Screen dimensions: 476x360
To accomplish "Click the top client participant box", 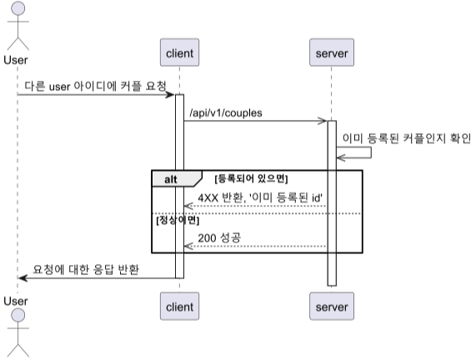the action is [180, 52].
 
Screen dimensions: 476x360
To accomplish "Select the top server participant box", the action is [332, 52].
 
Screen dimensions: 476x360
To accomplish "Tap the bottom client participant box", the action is [180, 306].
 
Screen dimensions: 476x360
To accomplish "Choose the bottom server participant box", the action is [332, 306].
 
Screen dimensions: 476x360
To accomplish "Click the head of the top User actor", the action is [18, 8].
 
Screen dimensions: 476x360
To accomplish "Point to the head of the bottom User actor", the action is [18, 315].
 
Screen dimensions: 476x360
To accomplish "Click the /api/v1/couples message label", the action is [226, 113].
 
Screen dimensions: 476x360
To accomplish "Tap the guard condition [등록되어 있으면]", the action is [251, 178].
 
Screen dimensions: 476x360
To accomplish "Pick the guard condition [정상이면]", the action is [178, 220].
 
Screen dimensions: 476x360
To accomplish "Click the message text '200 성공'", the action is [219, 237].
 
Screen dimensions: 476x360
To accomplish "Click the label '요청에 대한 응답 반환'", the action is [86, 269].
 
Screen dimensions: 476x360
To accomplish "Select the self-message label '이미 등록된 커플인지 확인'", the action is [407, 138].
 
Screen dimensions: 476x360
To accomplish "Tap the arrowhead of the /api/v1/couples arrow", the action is [323, 121].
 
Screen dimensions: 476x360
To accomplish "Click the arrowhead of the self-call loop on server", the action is [341, 157].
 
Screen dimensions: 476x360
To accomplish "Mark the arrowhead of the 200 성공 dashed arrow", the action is [188, 246].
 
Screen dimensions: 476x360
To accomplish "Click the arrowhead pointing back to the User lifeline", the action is [23, 277].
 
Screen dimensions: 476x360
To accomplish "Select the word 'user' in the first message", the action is [59, 87].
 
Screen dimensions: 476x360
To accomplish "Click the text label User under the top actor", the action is [16, 60].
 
